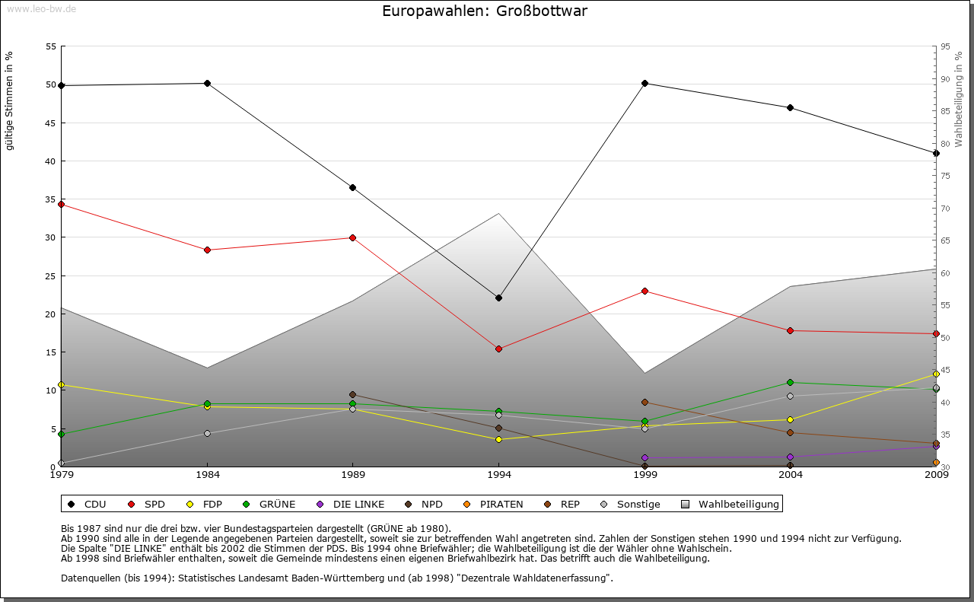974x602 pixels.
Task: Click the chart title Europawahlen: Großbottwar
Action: coord(485,11)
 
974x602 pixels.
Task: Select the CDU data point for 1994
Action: coord(498,298)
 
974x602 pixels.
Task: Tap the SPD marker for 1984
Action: coord(207,250)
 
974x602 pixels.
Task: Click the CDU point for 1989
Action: coord(352,187)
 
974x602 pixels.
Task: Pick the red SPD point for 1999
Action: coord(645,291)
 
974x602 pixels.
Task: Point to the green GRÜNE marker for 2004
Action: coord(791,382)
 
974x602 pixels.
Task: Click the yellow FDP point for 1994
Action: coord(498,439)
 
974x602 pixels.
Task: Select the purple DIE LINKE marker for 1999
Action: coord(645,458)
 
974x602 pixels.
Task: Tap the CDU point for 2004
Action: coord(791,107)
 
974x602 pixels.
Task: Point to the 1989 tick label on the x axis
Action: coord(353,476)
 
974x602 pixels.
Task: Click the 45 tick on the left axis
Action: coord(51,123)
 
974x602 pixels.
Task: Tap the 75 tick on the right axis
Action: coord(945,176)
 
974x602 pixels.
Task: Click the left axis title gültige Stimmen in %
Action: coord(10,100)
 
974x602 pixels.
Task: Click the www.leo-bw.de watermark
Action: coord(40,8)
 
